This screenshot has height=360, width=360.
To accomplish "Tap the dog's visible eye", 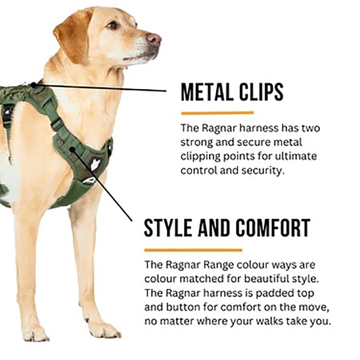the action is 113,25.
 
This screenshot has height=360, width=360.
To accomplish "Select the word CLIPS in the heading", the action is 261,92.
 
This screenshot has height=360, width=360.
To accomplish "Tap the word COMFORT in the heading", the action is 273,228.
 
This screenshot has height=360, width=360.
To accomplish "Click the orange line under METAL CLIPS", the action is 217,113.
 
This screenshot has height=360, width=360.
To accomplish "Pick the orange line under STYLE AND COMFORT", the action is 193,250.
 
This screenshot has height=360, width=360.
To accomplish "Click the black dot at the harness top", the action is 34,85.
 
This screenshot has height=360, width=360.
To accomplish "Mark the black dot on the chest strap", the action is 72,150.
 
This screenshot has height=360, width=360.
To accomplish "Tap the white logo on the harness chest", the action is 94,164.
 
